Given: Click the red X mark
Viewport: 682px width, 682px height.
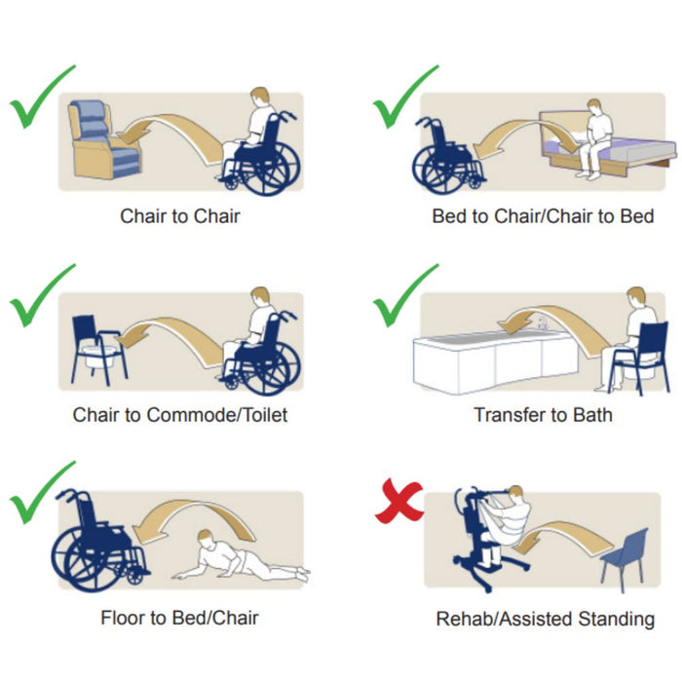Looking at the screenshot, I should coord(398,501).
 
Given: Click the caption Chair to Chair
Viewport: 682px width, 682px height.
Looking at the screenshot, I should coord(180,215).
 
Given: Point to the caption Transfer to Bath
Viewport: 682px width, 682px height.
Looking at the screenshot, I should coord(543,414).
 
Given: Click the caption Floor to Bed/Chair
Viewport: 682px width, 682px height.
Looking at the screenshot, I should coord(179,618).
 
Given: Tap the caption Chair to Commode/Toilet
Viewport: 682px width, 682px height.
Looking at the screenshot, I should coord(180,414).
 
